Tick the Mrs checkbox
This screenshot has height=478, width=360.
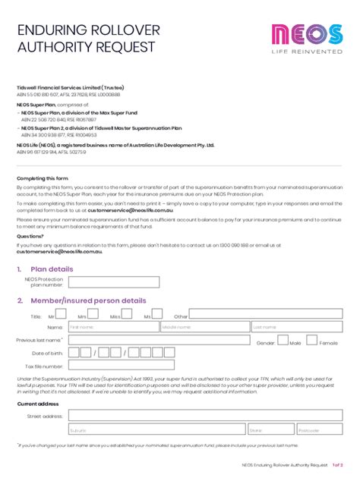[x=92, y=314]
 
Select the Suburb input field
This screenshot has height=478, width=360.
[x=156, y=429]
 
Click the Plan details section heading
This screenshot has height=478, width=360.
[x=51, y=269]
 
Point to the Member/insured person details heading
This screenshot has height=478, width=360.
[x=87, y=300]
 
